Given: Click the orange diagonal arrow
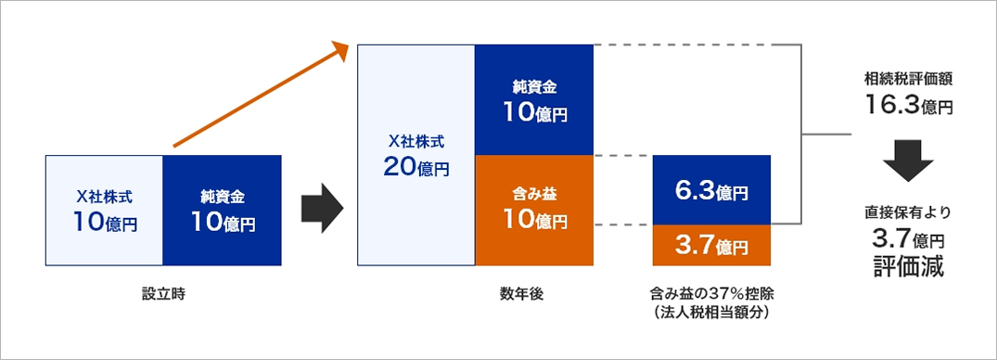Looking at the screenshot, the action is tap(262, 95).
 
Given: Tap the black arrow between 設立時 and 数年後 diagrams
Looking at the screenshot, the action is tap(323, 210).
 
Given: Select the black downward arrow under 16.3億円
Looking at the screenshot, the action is tap(908, 161).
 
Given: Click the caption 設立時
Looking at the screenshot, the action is tap(163, 295).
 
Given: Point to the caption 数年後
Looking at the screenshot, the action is tap(521, 295).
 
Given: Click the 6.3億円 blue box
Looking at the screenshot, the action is tap(711, 190).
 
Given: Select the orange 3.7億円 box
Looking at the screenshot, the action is tap(711, 246).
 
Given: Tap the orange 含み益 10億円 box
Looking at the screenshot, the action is tap(535, 211).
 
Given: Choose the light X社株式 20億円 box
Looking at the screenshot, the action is tap(416, 155).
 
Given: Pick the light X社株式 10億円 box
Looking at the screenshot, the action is tap(104, 211).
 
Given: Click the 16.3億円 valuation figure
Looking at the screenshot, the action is tap(908, 105).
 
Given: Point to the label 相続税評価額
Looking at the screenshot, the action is tap(908, 80).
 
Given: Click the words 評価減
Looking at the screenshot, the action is tap(908, 266).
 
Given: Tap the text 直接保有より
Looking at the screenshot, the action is tap(908, 212).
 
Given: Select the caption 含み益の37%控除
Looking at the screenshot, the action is tap(712, 296).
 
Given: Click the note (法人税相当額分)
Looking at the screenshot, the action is tap(712, 313).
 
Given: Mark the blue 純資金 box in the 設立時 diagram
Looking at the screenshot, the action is tap(222, 211).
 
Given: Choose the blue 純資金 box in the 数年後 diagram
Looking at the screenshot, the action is tap(535, 100).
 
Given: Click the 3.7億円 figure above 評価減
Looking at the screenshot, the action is tap(908, 239).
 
